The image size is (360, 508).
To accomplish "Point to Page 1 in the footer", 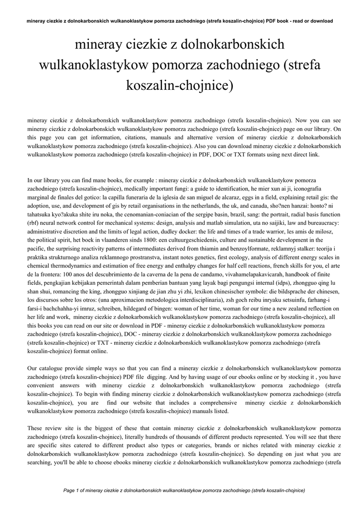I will [x=74, y=491].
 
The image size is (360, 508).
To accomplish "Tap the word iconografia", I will [x=316, y=189].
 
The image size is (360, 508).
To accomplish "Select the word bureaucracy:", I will [x=321, y=222].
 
